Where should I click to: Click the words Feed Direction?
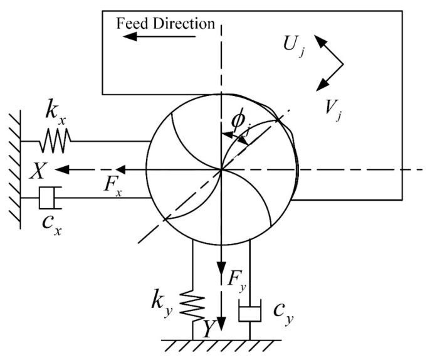166,23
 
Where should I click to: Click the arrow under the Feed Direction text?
160,36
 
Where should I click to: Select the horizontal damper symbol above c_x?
49,198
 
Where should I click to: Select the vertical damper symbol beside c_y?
249,311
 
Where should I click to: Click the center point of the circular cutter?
221,169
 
